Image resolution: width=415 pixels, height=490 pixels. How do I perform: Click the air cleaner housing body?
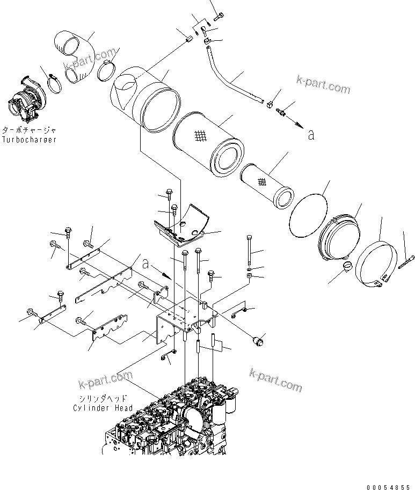point(142,99)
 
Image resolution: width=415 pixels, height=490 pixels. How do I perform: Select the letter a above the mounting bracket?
point(146,263)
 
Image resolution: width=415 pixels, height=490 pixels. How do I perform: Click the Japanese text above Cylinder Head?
point(102,398)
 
